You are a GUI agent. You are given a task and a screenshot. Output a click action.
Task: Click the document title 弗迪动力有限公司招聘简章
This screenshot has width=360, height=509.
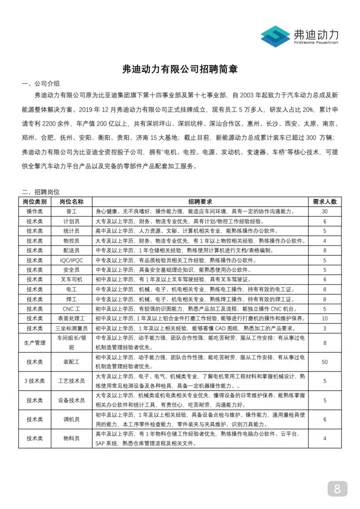tap(180, 69)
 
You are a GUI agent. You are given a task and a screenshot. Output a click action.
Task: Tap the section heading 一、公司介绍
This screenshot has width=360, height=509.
tap(40, 83)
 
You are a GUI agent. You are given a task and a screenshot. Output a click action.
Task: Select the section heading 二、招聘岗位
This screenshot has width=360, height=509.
tap(40, 192)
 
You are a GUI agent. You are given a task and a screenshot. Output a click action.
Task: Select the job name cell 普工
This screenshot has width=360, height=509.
tap(71, 211)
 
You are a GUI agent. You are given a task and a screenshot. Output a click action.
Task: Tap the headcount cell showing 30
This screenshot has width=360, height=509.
tap(324, 211)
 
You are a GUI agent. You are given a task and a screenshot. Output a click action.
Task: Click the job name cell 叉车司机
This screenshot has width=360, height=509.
tap(71, 279)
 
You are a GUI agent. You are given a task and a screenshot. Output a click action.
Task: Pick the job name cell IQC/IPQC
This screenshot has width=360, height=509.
tap(71, 260)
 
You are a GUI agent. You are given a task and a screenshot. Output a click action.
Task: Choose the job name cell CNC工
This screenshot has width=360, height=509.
tap(71, 308)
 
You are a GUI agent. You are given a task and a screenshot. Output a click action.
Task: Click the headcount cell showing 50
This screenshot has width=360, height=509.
tap(324, 361)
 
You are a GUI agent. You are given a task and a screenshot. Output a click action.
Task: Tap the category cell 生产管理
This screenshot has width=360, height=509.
tap(35, 342)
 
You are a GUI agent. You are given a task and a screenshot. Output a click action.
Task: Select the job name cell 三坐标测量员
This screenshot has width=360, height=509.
tap(71, 328)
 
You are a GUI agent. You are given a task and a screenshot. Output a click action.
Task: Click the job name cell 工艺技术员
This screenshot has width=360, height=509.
tap(71, 381)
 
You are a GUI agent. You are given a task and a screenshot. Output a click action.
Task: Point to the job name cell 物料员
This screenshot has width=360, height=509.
tap(71, 438)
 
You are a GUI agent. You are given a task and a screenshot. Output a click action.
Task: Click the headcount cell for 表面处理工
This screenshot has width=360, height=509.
tap(324, 318)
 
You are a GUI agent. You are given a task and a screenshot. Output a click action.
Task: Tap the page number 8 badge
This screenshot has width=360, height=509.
tap(337, 489)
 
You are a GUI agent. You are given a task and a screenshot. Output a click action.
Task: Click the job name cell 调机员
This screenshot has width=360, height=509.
tap(71, 419)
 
